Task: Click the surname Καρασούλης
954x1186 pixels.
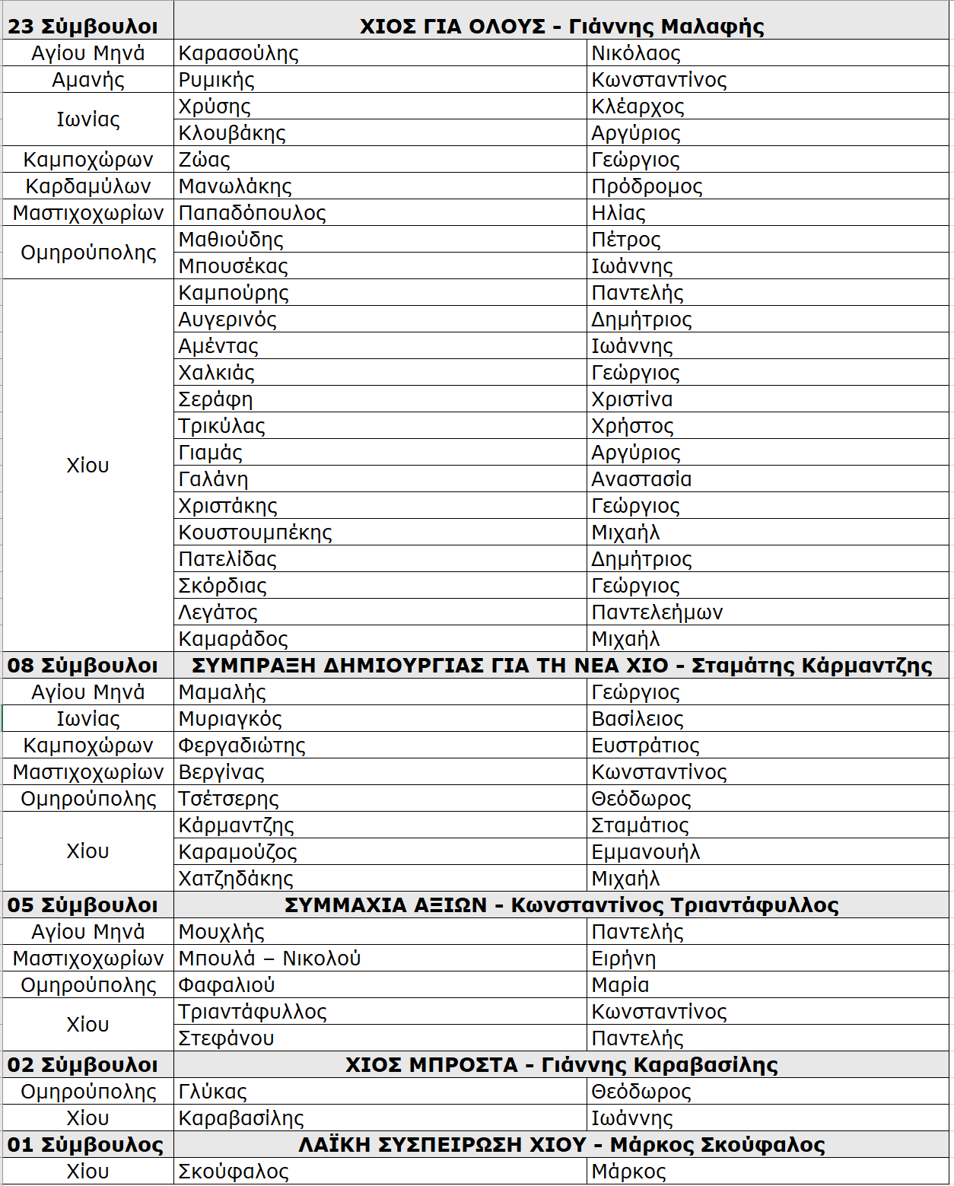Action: [x=238, y=53]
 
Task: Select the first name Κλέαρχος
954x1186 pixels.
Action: [x=638, y=107]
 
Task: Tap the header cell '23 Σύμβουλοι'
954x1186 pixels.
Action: [x=83, y=27]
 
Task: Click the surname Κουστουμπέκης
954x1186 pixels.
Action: [x=255, y=533]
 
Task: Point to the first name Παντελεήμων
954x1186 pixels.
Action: [x=657, y=612]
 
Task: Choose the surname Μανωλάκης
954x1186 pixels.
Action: [x=235, y=186]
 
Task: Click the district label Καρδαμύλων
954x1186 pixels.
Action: [x=88, y=186]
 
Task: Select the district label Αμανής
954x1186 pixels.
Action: [x=88, y=80]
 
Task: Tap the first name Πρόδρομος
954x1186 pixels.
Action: [x=647, y=186]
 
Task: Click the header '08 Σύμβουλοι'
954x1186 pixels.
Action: [x=83, y=666]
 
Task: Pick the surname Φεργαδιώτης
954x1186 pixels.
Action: [x=242, y=746]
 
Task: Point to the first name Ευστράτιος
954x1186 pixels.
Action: [x=645, y=746]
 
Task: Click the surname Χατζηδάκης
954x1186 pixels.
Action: [x=236, y=879]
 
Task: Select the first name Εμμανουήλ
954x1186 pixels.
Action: [x=645, y=852]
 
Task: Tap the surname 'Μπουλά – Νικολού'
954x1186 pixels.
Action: [x=269, y=959]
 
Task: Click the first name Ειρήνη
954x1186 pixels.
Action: [x=623, y=959]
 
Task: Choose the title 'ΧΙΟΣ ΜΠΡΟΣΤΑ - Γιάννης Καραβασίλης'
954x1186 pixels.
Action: [x=561, y=1065]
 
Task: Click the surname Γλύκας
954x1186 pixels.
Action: [x=212, y=1092]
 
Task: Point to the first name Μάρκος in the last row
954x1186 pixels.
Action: [x=628, y=1172]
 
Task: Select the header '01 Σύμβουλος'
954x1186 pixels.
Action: [x=85, y=1145]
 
